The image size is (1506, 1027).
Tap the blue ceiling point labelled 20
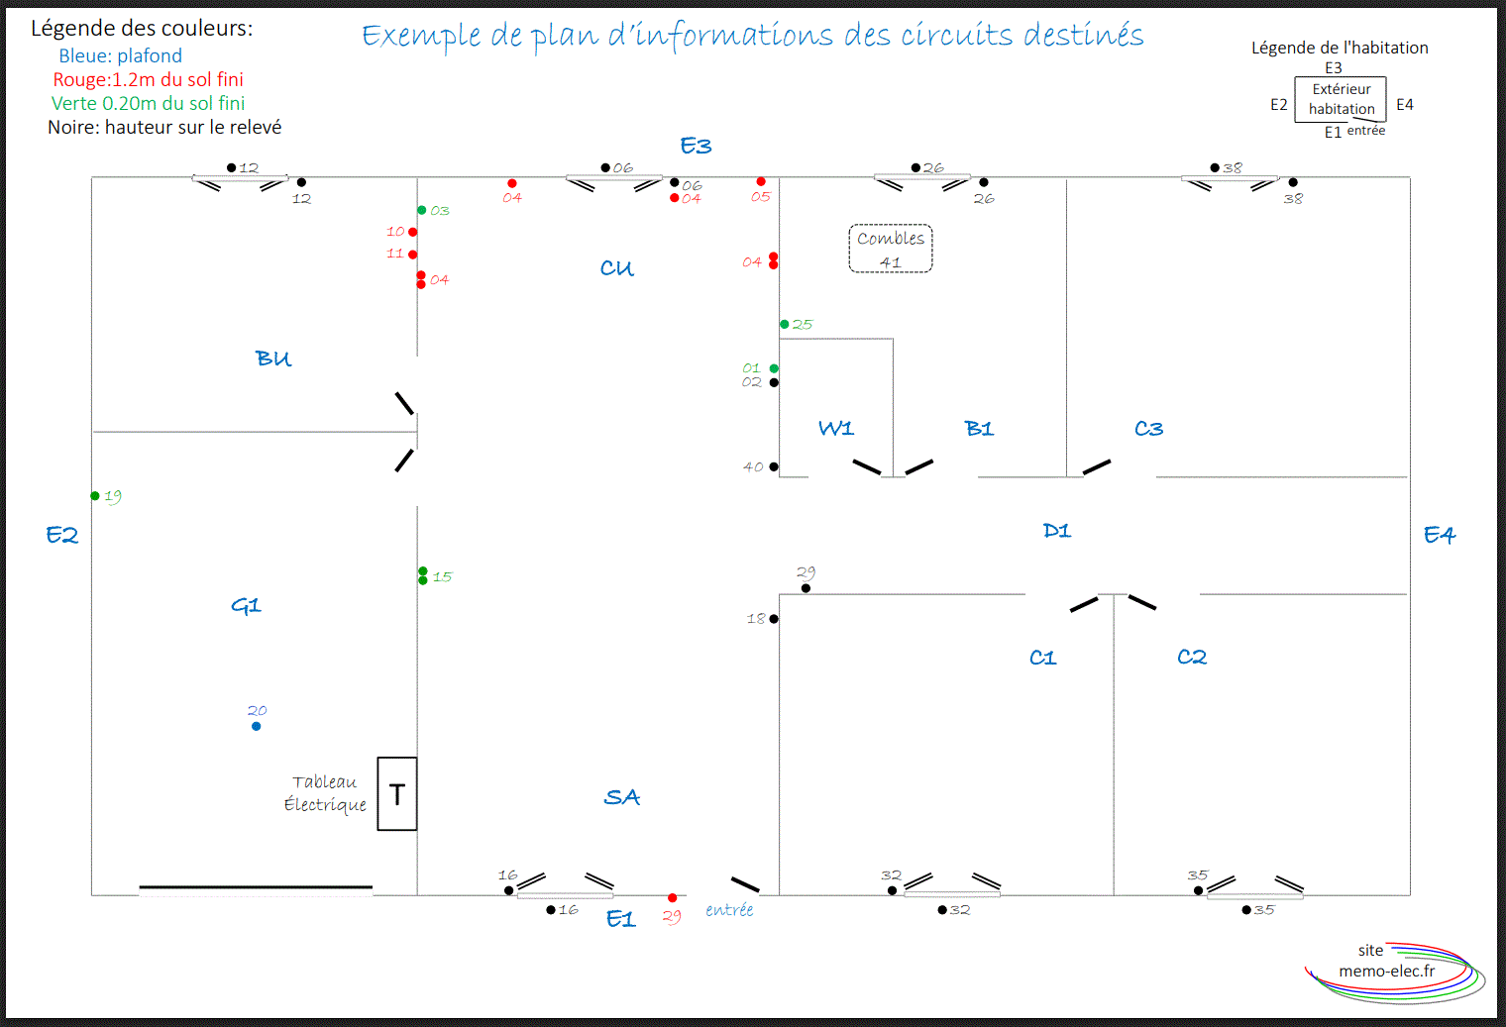tap(257, 726)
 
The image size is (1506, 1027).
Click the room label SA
tap(622, 797)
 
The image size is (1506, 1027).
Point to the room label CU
tap(616, 268)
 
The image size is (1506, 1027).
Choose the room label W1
tap(835, 428)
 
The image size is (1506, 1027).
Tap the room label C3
tap(1148, 428)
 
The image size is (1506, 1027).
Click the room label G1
tap(246, 605)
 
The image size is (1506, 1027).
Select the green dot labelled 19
tap(95, 496)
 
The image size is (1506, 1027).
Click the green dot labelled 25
tap(784, 324)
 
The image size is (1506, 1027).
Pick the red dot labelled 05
tap(760, 181)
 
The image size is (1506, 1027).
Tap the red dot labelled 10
tap(413, 232)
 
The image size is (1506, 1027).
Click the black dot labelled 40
tap(774, 466)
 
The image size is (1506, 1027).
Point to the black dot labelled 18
tap(774, 618)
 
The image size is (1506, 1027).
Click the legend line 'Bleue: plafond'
tap(120, 55)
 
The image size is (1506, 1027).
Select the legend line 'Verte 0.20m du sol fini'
tap(148, 103)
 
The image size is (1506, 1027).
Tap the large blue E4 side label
tap(1440, 535)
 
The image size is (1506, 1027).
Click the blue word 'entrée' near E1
tap(729, 910)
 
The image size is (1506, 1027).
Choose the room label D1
tap(1057, 531)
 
